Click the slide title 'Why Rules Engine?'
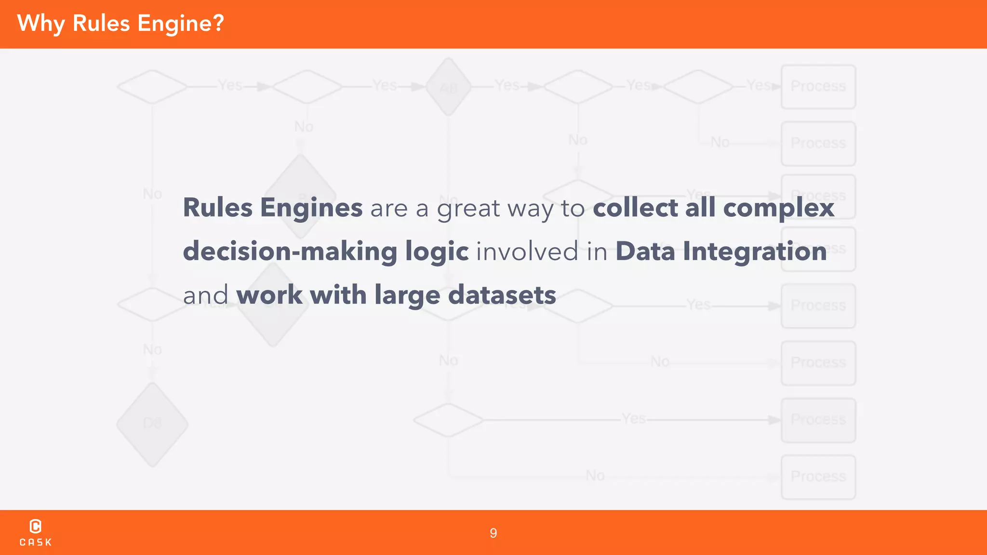(x=120, y=23)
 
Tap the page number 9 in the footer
(x=493, y=533)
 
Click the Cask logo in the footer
(x=36, y=532)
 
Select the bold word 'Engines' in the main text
(x=311, y=208)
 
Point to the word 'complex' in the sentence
(x=779, y=208)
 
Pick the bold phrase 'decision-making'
(x=290, y=251)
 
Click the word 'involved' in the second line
(x=527, y=251)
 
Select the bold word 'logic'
(x=437, y=251)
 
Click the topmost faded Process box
(x=818, y=87)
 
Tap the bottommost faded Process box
(x=818, y=476)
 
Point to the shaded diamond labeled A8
(x=448, y=87)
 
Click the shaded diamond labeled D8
(x=152, y=424)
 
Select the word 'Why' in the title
(x=41, y=23)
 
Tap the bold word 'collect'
(x=635, y=208)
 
